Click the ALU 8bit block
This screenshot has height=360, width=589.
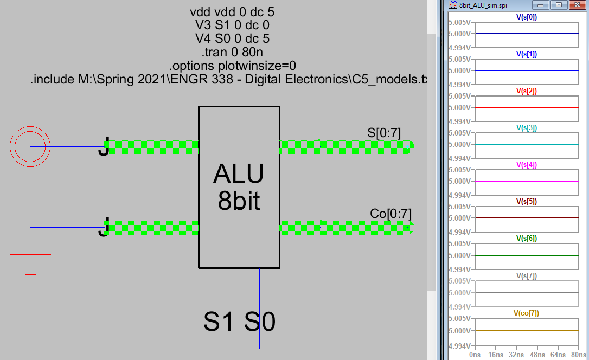pos(239,187)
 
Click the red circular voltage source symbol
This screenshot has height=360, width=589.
pos(30,146)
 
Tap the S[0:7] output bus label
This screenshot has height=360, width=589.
pos(384,133)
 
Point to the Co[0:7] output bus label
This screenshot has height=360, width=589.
pos(390,213)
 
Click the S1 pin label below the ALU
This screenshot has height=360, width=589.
pos(219,322)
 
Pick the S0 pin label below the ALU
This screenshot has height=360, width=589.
pos(260,322)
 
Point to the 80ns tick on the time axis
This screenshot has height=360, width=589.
pos(578,355)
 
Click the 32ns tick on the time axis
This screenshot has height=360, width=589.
pos(516,355)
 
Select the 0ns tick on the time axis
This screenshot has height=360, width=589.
pos(475,355)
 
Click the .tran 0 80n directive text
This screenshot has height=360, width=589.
pos(233,53)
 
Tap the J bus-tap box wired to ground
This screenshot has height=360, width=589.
pos(104,227)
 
